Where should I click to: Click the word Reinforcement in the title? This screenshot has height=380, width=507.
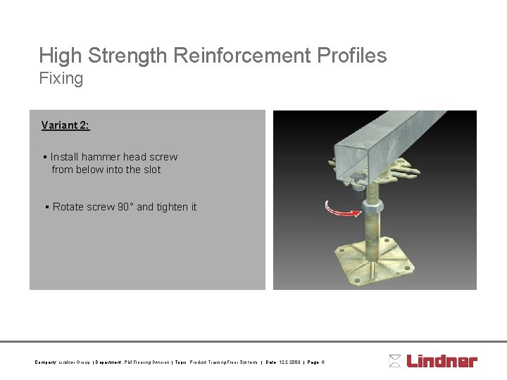coord(231,56)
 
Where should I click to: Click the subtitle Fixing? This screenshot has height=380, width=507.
coord(61,78)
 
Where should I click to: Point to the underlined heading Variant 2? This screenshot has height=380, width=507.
coord(65,125)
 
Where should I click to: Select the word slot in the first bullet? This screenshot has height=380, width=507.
coord(151,170)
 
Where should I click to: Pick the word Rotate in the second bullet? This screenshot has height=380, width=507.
coord(68,207)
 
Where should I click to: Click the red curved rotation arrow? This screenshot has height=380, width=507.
coord(341,208)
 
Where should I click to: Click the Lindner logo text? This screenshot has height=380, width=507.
coord(442,362)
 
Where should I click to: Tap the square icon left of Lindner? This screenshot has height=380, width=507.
coord(395,362)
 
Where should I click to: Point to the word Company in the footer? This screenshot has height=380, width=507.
coord(45,362)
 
